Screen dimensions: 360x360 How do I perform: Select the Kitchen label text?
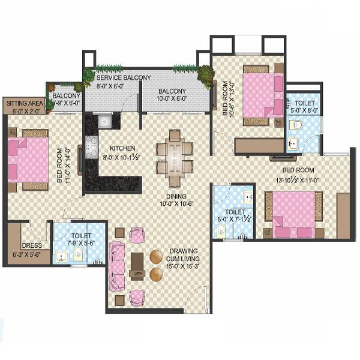tap(122, 148)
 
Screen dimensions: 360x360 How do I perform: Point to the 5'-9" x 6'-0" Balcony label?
tap(66, 99)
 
